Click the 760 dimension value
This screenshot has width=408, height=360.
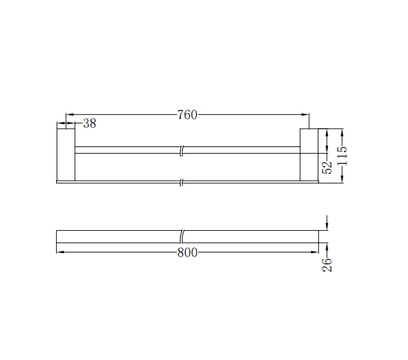pos(187,115)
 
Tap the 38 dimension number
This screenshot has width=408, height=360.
pos(89,123)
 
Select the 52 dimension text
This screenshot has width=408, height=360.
pos(328,167)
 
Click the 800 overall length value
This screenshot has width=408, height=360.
pos(187,253)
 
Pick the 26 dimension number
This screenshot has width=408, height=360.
pos(328,265)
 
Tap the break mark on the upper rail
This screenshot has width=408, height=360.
pos(182,150)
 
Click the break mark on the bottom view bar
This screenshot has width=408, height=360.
pos(182,236)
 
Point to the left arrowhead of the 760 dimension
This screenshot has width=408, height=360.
pos(68,115)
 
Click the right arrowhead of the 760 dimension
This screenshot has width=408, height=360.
pos(306,115)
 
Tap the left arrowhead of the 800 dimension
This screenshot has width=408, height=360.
pos(59,253)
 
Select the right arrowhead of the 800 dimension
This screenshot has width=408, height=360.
pos(316,253)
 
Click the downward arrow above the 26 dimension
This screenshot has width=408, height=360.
pos(328,226)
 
